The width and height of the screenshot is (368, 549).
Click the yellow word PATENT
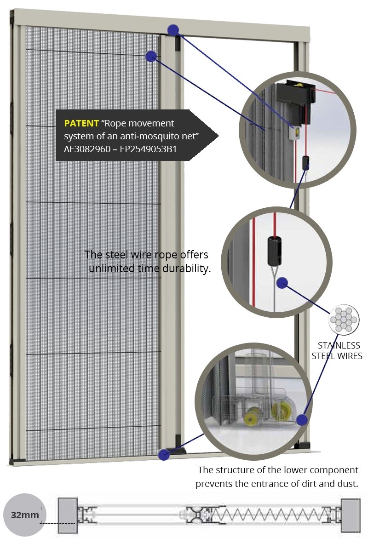click(81, 124)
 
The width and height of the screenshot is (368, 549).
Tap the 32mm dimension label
click(25, 515)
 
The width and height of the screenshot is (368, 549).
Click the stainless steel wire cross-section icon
click(344, 319)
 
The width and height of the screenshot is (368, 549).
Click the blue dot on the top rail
click(173, 30)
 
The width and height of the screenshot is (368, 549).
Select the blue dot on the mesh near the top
click(151, 56)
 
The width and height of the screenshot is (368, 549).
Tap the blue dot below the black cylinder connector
click(282, 283)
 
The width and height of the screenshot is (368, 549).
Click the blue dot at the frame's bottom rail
click(163, 454)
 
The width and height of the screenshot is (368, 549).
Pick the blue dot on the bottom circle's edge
click(302, 419)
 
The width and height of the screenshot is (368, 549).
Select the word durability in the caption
click(186, 269)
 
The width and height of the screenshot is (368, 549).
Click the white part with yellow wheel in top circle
click(295, 132)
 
